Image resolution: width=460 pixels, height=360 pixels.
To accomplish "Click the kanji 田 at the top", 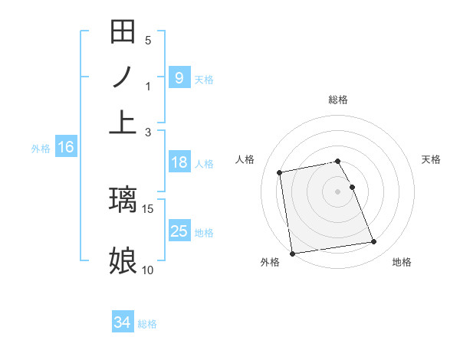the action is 123,33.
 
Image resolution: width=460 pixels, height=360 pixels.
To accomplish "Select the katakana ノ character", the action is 123,77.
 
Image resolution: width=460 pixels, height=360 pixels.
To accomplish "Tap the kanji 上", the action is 123,122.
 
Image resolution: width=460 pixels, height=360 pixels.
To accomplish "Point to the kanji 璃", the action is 123,200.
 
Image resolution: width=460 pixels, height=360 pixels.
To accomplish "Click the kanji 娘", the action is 123,260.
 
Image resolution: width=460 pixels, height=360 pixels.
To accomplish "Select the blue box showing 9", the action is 179,77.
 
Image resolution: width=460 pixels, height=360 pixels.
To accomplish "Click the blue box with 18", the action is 179,162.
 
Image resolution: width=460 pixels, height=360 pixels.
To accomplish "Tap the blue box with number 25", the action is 179,231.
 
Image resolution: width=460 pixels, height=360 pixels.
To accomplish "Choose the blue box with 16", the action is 65,147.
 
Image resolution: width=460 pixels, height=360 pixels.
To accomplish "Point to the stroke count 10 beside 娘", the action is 148,270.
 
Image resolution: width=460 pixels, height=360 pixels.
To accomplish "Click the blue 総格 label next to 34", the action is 147,324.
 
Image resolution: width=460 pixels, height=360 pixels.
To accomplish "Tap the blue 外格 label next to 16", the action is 41,149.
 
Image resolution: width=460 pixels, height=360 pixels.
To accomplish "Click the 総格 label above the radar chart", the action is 338,100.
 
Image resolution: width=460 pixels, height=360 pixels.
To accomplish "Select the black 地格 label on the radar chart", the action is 402,263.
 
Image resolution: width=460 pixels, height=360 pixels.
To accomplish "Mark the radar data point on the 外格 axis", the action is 292,254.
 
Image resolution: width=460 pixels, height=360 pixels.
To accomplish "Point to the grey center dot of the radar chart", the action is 338,191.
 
